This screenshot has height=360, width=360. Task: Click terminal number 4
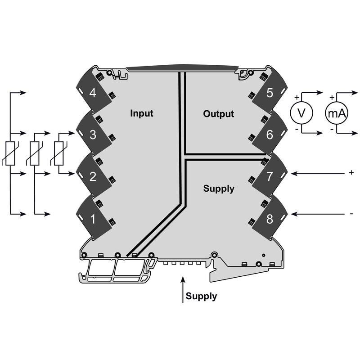93,94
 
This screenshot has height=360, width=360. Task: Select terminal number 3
93,135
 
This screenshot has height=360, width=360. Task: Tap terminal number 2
93,176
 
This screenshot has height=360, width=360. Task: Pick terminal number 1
93,220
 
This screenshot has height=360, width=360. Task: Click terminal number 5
270,94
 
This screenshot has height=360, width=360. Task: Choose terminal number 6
270,135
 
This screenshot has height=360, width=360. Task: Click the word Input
142,113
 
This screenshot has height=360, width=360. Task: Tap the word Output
219,114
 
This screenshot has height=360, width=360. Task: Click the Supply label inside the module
219,189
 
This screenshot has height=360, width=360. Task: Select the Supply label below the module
201,297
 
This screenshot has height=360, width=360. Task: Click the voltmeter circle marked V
301,114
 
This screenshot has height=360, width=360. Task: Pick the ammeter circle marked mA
337,114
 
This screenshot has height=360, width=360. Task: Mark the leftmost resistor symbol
11,153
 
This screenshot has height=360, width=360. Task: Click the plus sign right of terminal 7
351,172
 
